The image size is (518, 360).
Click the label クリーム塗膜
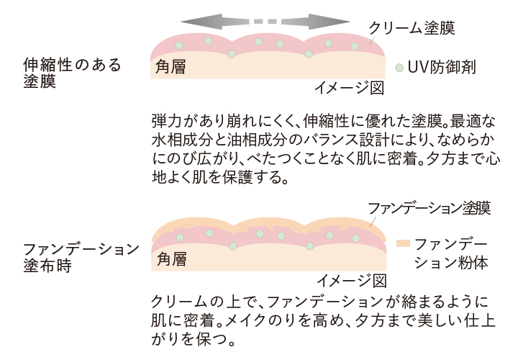pyautogui.click(x=412, y=27)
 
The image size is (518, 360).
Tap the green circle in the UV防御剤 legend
pyautogui.click(x=399, y=68)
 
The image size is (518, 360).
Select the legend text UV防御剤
pyautogui.click(x=442, y=68)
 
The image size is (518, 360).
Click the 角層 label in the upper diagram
pyautogui.click(x=171, y=68)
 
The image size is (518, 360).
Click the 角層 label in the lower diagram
pyautogui.click(x=171, y=258)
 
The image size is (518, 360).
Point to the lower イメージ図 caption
pyautogui.click(x=353, y=279)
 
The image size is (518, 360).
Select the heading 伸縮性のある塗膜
pyautogui.click(x=72, y=73)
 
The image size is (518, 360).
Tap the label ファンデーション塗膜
pyautogui.click(x=429, y=209)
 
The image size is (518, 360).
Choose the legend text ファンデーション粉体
pyautogui.click(x=452, y=252)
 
